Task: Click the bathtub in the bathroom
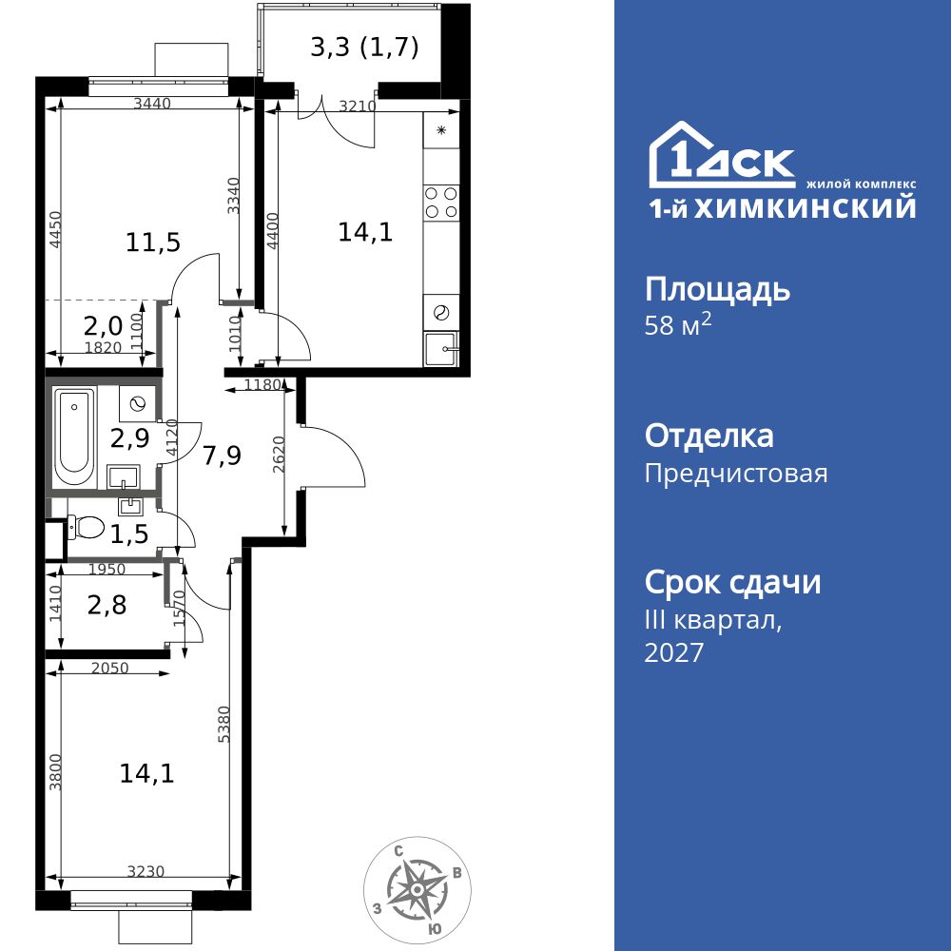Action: (74, 435)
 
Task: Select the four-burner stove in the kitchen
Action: (441, 201)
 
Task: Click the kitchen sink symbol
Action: (442, 348)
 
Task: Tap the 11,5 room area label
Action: (153, 243)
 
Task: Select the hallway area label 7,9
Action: (222, 455)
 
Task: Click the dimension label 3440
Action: (152, 105)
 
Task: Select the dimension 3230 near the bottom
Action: (147, 870)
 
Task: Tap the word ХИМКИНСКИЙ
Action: (805, 208)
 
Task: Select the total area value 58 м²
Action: (678, 325)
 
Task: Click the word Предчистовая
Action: (736, 473)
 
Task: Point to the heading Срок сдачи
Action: (732, 581)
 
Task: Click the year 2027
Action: (674, 652)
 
